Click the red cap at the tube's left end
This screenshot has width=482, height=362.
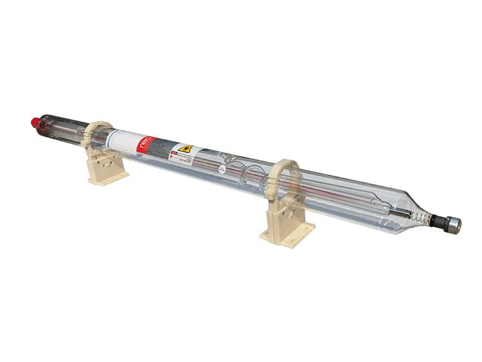coord(35,121)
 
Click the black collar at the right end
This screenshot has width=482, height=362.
coord(440,222)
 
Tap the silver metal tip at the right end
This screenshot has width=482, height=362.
coord(454,226)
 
